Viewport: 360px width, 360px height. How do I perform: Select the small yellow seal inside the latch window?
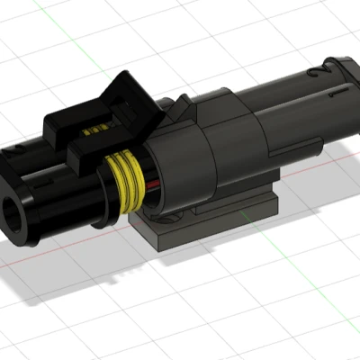coord(92,134)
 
